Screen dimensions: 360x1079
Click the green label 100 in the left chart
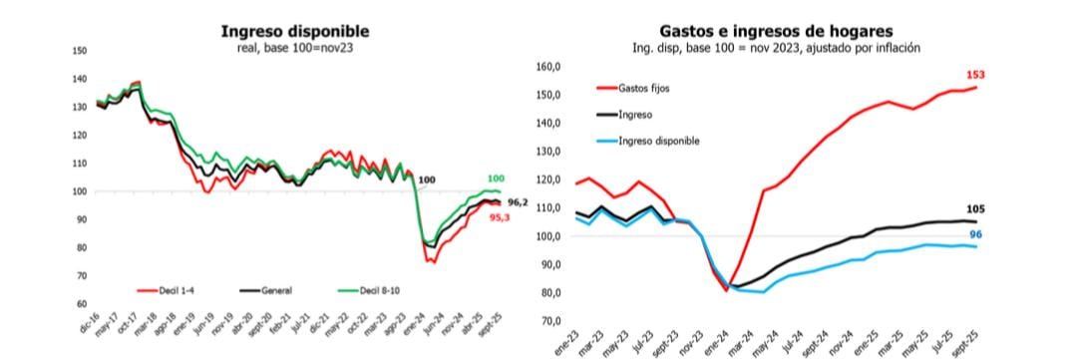pos(496,179)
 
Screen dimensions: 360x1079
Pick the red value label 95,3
pos(501,216)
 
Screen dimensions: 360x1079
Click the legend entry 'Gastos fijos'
pos(644,89)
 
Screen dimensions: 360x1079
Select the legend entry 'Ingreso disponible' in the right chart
pos(659,141)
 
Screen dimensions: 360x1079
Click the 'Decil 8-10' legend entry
pos(380,290)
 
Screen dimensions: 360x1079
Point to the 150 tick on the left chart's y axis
pos(81,50)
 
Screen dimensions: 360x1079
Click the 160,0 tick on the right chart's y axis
pos(549,67)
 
